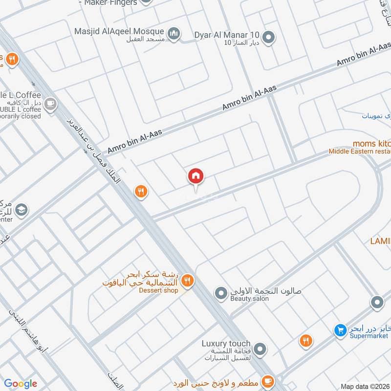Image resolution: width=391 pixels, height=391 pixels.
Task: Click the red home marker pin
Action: tap(195, 176)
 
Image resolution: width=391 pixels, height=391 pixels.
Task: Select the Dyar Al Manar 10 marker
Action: tap(268, 37)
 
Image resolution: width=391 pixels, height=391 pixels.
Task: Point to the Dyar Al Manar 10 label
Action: tap(227, 35)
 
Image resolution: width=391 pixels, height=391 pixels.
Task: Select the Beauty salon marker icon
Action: tap(221, 293)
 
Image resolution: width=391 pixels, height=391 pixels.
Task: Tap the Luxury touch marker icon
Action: tap(261, 349)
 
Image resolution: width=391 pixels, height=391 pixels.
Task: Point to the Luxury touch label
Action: tap(226, 344)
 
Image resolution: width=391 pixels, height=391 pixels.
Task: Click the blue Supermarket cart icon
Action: tap(340, 330)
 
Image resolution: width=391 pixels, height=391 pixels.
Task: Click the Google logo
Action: tap(21, 384)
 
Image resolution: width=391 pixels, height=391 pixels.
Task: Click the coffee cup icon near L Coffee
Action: tap(50, 104)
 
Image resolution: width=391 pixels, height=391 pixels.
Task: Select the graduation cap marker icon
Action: tap(21, 211)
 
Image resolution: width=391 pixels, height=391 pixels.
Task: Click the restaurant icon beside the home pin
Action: tap(141, 192)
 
